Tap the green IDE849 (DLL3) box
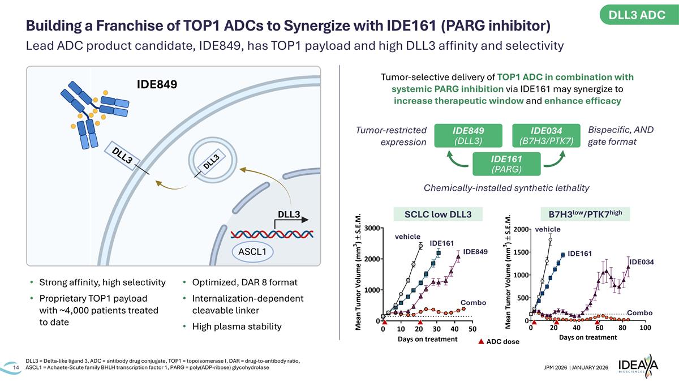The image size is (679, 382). click(x=467, y=135)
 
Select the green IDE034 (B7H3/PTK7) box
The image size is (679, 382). click(x=546, y=135)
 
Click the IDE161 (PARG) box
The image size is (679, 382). click(x=506, y=163)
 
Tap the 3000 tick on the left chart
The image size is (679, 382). click(x=371, y=228)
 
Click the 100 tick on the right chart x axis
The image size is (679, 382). click(x=645, y=328)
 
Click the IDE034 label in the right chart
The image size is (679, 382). click(x=642, y=261)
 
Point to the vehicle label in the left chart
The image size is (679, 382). click(x=407, y=236)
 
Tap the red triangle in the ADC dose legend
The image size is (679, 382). click(x=481, y=342)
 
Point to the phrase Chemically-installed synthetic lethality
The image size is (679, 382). click(x=506, y=187)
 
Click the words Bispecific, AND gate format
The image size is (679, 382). click(x=620, y=136)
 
